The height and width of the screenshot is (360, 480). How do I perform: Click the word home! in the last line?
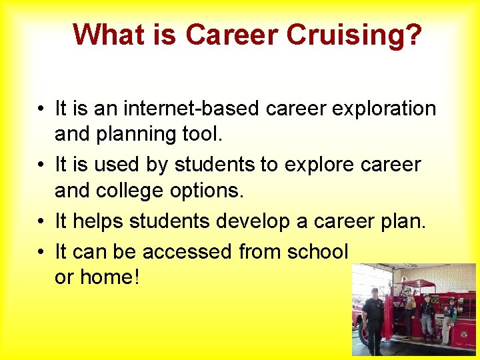[109, 277]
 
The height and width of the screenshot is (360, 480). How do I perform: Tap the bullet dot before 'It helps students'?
[41, 221]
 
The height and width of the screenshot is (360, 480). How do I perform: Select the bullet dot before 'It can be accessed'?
[41, 251]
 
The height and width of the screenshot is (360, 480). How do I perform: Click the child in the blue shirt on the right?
[451, 317]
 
